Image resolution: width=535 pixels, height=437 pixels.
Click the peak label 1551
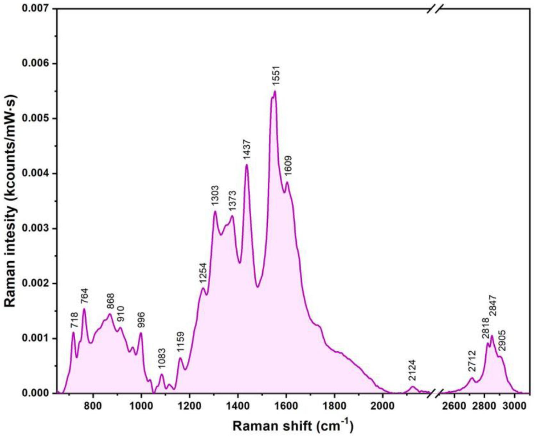pos(276,75)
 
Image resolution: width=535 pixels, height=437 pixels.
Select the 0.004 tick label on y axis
pos(37,173)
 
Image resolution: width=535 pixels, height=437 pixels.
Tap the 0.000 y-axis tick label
pos(37,393)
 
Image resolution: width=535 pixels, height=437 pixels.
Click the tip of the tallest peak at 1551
pos(275,91)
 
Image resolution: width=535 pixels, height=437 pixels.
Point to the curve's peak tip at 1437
pos(246,164)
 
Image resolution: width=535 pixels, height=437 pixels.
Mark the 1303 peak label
pos(215,196)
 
